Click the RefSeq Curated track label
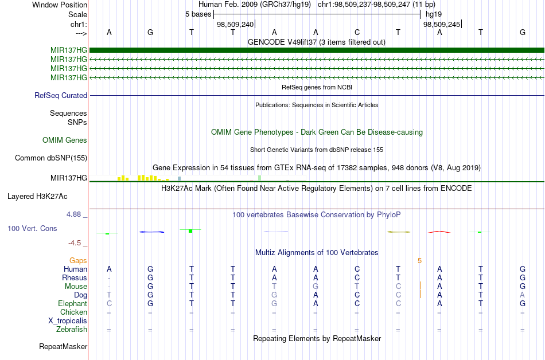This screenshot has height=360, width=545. click(61, 96)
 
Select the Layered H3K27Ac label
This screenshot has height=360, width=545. click(37, 197)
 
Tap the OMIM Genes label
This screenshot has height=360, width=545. click(65, 140)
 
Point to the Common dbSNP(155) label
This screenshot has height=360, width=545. click(51, 158)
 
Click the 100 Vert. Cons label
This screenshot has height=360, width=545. click(32, 228)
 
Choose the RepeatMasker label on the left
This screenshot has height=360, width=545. click(63, 346)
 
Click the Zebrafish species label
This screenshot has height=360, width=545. click(72, 330)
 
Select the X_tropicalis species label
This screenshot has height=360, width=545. click(68, 321)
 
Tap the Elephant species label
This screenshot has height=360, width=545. click(73, 304)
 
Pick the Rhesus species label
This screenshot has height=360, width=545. click(75, 277)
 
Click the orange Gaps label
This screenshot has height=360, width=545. click(78, 261)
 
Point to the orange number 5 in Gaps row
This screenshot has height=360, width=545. click(419, 261)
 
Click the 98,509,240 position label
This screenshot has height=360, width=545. click(235, 24)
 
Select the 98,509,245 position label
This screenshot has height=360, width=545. click(442, 24)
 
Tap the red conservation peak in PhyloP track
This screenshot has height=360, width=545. click(439, 232)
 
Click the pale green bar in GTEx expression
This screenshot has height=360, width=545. click(260, 178)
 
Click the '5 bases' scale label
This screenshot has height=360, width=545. click(198, 14)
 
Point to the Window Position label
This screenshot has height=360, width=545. click(60, 5)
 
